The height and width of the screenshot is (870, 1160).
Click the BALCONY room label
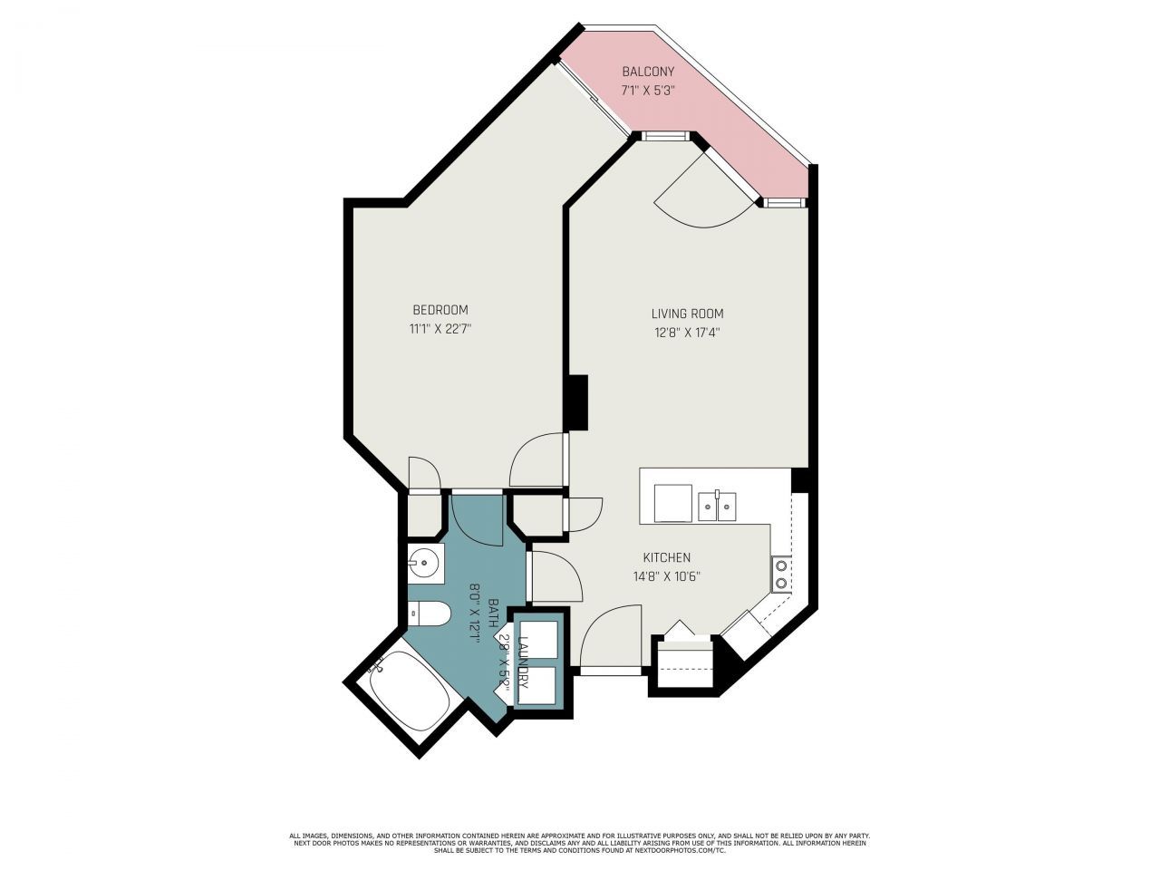tap(647, 72)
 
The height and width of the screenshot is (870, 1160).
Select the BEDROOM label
tap(440, 310)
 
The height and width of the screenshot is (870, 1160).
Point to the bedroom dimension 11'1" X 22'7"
tap(440, 329)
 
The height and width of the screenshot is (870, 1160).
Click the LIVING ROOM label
tap(687, 314)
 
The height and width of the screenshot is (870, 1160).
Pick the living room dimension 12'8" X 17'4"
tap(687, 333)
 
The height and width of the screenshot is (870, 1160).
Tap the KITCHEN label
tap(666, 557)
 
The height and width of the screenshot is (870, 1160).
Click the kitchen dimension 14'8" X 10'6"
tap(666, 576)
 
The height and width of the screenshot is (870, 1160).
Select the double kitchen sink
tap(717, 507)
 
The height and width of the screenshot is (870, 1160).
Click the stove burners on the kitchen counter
tap(780, 574)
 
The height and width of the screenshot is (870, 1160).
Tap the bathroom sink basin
tap(425, 564)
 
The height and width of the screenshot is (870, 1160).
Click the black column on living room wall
tap(576, 402)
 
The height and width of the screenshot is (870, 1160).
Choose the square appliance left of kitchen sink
tap(672, 503)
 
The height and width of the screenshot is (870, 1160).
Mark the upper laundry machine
tap(538, 639)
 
